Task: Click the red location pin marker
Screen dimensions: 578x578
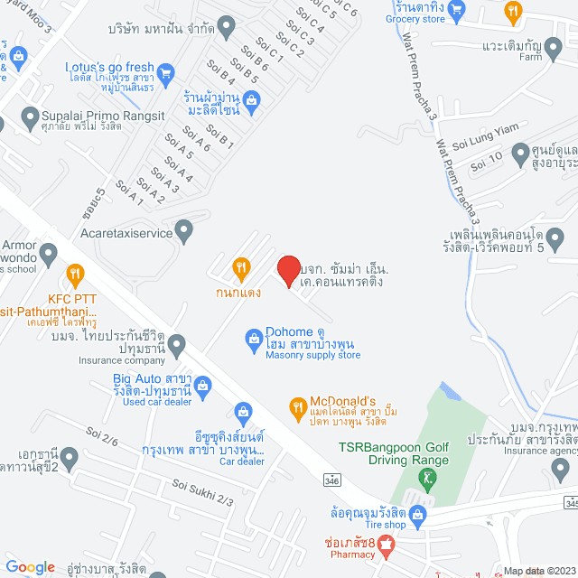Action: click(x=288, y=271)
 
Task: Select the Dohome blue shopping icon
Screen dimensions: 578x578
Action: click(x=255, y=339)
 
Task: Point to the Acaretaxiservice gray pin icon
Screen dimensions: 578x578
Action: click(x=184, y=231)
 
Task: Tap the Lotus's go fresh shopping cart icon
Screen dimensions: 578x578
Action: click(x=165, y=70)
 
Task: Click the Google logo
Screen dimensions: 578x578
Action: click(x=31, y=566)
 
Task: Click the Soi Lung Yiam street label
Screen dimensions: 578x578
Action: click(x=483, y=140)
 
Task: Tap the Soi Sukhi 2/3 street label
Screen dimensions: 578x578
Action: click(x=202, y=493)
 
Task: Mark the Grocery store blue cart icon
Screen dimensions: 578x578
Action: click(x=458, y=11)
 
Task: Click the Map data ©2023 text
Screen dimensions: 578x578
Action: click(x=538, y=570)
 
